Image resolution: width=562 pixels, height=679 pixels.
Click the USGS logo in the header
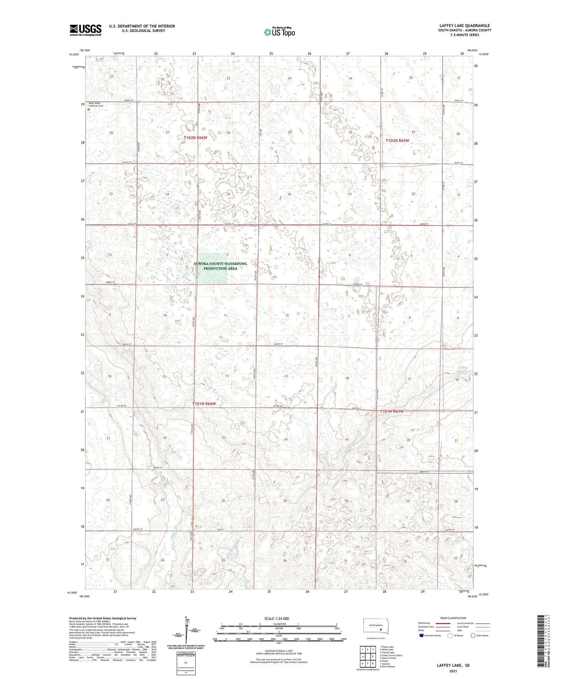[x=85, y=30]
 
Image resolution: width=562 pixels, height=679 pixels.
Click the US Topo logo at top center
[x=279, y=32]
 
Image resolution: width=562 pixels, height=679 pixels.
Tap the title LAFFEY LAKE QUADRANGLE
[x=464, y=25]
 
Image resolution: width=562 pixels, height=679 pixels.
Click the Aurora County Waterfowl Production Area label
[x=220, y=266]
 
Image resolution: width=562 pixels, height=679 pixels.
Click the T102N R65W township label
[x=397, y=140]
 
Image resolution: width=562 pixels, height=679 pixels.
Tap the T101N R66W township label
[x=204, y=404]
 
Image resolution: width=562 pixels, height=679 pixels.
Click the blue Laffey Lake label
[x=463, y=369]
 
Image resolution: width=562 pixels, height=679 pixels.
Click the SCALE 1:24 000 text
[x=277, y=618]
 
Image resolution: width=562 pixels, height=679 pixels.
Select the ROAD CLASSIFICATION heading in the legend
[x=453, y=618]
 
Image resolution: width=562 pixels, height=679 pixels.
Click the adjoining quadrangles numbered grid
[x=368, y=657]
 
